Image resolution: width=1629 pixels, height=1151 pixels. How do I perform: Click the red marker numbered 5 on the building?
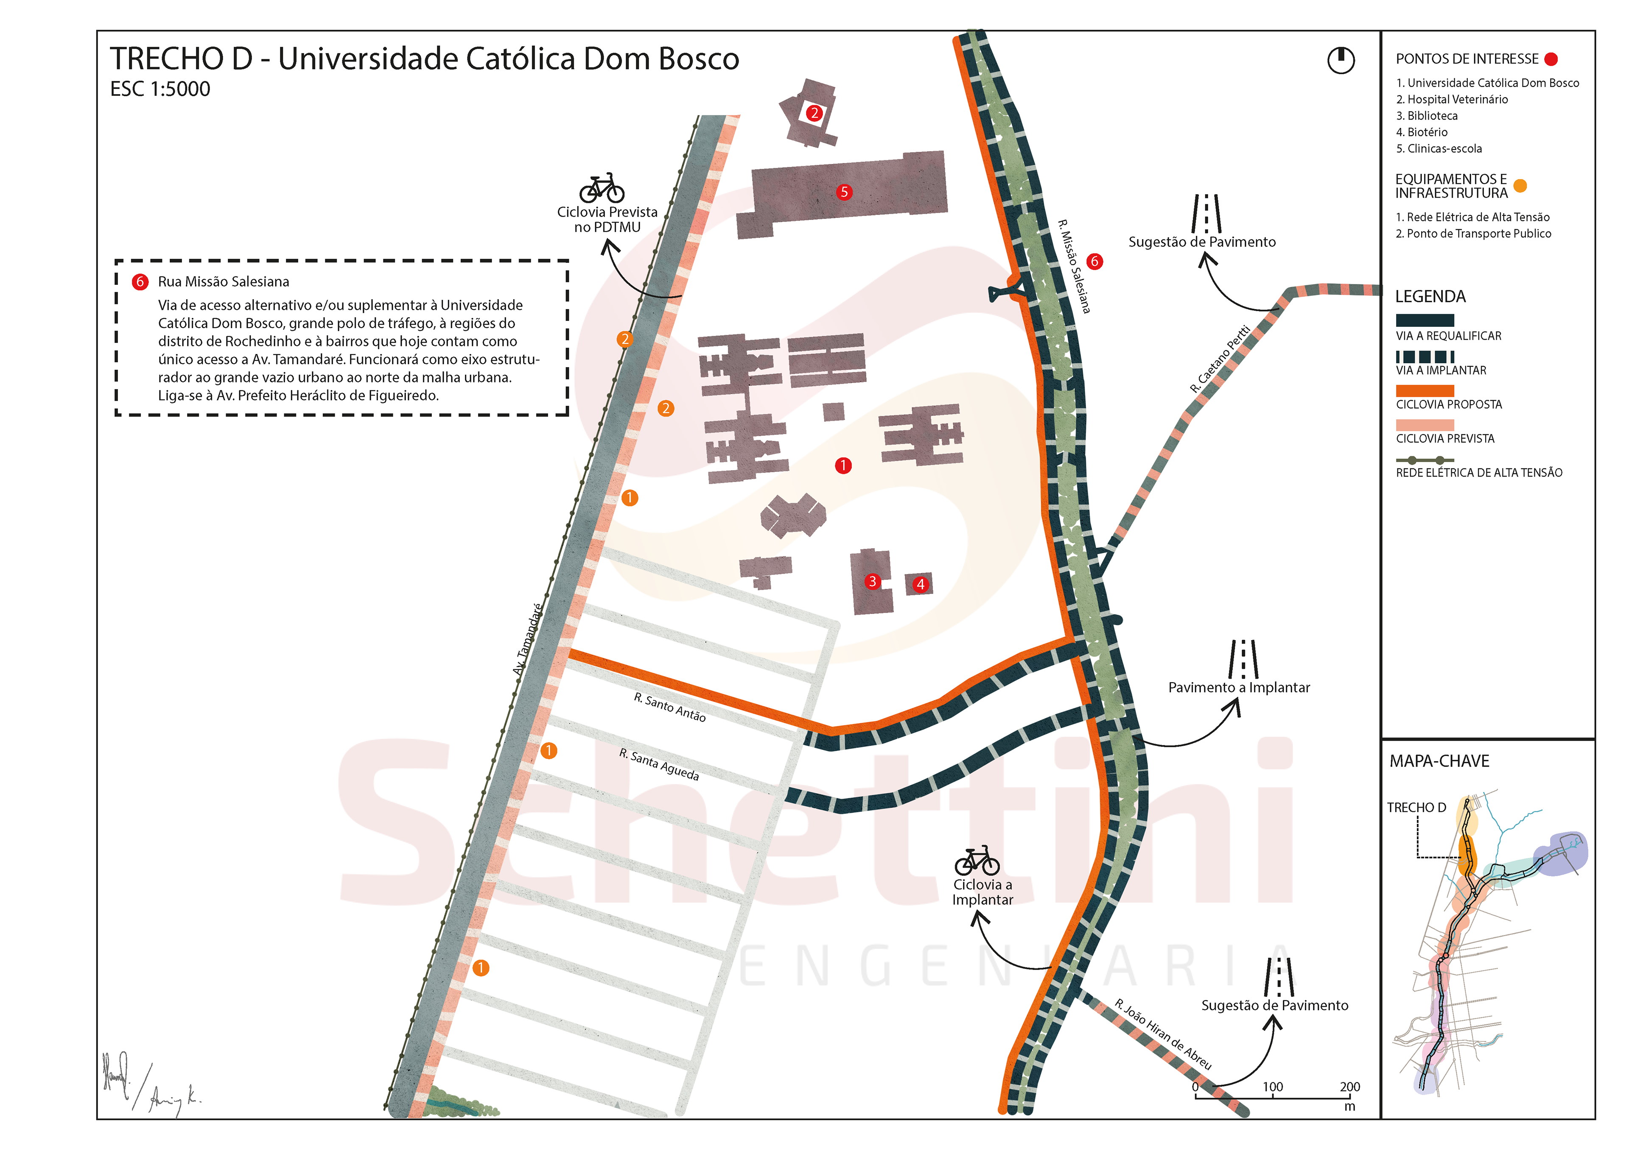pyautogui.click(x=844, y=192)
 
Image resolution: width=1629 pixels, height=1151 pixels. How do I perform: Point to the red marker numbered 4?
pyautogui.click(x=920, y=584)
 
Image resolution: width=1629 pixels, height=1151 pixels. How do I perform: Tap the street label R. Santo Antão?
pyautogui.click(x=670, y=708)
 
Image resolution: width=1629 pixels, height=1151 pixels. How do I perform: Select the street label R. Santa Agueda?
pyautogui.click(x=658, y=764)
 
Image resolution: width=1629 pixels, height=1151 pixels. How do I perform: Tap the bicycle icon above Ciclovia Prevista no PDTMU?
pyautogui.click(x=602, y=189)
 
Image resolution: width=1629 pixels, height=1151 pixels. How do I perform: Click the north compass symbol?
pyautogui.click(x=1340, y=60)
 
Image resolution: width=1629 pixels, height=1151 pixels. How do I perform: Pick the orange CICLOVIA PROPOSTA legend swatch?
pyautogui.click(x=1425, y=391)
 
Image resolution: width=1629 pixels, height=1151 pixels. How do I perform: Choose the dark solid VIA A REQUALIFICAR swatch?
pyautogui.click(x=1425, y=320)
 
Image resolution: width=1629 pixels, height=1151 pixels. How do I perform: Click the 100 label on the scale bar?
pyautogui.click(x=1273, y=1087)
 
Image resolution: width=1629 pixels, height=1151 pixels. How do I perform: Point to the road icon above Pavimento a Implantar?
pyautogui.click(x=1243, y=660)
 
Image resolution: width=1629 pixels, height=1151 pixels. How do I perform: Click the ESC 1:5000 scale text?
pyautogui.click(x=160, y=89)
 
